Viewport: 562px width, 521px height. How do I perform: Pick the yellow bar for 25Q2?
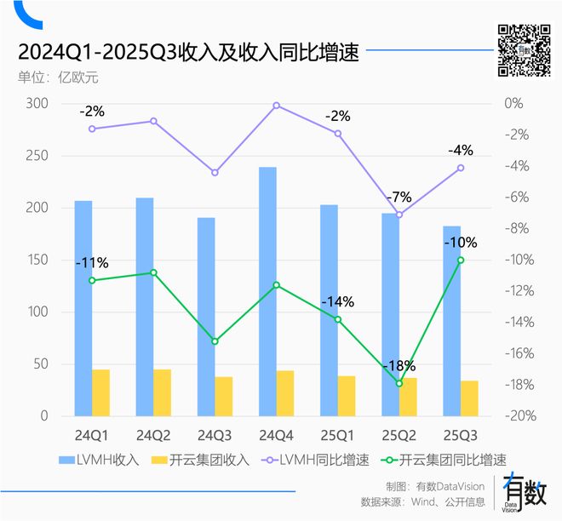pos(408,397)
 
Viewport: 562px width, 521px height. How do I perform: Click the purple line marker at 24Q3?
pos(215,173)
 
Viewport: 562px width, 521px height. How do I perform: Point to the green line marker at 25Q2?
pos(399,383)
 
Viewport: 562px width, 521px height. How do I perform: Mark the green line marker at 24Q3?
pos(215,341)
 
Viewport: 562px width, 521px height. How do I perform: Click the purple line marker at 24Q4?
pos(277,106)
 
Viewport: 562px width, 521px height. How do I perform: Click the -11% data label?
pos(92,262)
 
